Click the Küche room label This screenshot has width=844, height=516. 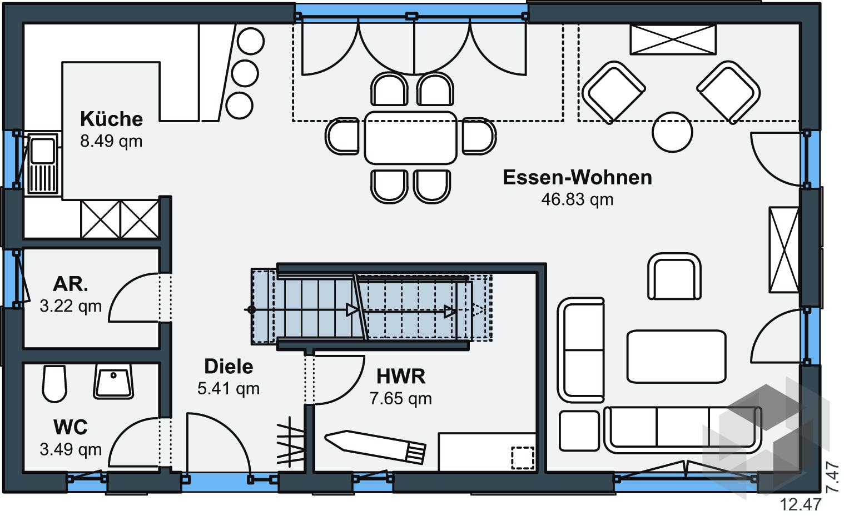[111, 119]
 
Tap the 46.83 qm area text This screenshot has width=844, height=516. [577, 199]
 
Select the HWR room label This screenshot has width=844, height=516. [400, 377]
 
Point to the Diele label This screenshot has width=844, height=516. [229, 367]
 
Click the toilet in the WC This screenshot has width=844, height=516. [54, 383]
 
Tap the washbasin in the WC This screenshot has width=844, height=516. [113, 381]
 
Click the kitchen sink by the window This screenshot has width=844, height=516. [42, 163]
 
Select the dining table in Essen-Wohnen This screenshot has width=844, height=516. [410, 138]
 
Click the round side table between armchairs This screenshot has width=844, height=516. [672, 133]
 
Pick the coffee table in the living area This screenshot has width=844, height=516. [676, 357]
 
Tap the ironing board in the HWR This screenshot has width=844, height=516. [375, 445]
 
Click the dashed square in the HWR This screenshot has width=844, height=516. [522, 458]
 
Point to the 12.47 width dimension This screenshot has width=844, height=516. [800, 504]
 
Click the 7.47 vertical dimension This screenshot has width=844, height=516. [832, 478]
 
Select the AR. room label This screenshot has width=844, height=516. [71, 284]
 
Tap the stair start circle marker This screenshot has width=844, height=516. [252, 310]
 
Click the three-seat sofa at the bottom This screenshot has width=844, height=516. [683, 429]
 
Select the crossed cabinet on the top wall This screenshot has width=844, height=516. [673, 39]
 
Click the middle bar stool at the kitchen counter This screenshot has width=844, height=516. [245, 73]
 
